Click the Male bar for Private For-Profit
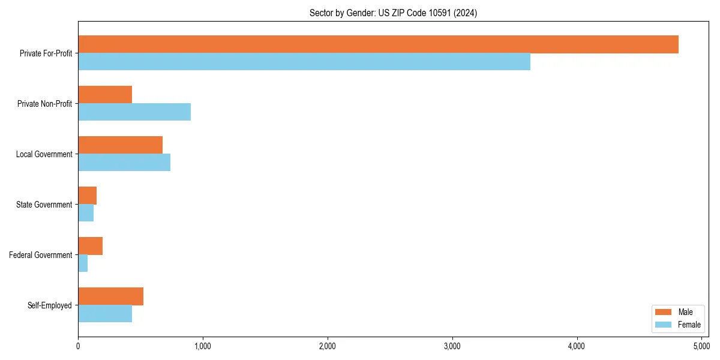pyautogui.click(x=378, y=44)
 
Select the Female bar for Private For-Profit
pyautogui.click(x=304, y=62)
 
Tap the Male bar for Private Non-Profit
pyautogui.click(x=105, y=95)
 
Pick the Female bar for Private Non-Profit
pyautogui.click(x=134, y=112)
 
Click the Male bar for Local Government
pyautogui.click(x=120, y=145)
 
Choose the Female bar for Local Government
pyautogui.click(x=124, y=163)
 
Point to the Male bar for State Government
pyautogui.click(x=88, y=196)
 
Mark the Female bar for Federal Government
pyautogui.click(x=83, y=263)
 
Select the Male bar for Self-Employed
pyautogui.click(x=110, y=296)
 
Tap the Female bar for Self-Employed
pyautogui.click(x=105, y=314)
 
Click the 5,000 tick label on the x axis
pyautogui.click(x=701, y=346)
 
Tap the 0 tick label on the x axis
pyautogui.click(x=78, y=346)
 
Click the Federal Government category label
pyautogui.click(x=41, y=255)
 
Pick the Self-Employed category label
pyautogui.click(x=50, y=305)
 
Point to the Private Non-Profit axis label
pyautogui.click(x=44, y=104)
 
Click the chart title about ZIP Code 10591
pyautogui.click(x=393, y=13)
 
